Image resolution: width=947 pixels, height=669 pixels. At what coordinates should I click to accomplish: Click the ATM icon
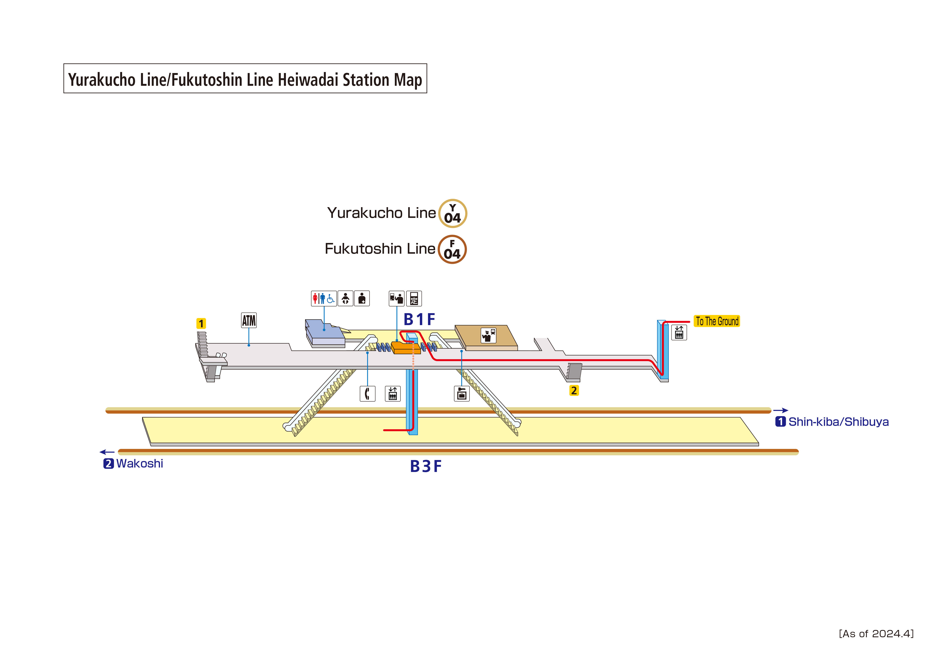[249, 320]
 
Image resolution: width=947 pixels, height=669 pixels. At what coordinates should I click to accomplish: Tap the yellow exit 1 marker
[201, 324]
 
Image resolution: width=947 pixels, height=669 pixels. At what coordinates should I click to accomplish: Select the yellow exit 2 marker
[574, 390]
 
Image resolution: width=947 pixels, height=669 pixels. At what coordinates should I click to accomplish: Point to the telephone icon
[367, 394]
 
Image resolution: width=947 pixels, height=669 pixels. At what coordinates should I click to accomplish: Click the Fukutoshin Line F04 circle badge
[452, 249]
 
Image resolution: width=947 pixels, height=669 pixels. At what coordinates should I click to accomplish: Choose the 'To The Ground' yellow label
[717, 321]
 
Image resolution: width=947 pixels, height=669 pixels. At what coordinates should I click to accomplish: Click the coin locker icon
[461, 394]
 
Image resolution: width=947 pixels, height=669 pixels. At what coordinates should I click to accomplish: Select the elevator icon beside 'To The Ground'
[679, 332]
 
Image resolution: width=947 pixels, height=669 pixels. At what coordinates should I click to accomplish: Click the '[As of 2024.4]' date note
[876, 634]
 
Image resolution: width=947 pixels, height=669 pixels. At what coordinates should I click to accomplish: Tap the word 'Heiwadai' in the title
[309, 80]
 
